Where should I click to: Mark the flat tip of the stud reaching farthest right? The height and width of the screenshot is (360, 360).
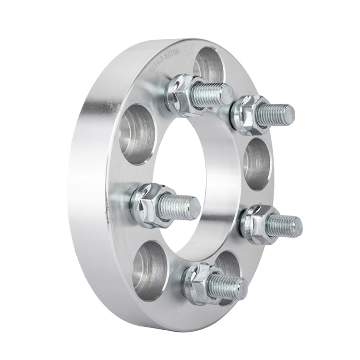pos(297,224)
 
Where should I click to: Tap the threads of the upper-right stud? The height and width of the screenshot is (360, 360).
pos(271,115)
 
